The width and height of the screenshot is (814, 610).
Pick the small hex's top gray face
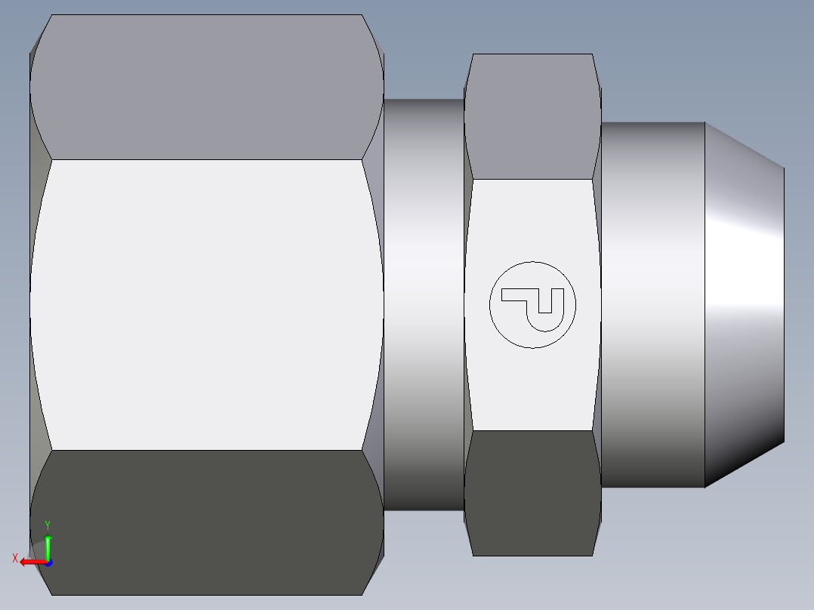pos(532,117)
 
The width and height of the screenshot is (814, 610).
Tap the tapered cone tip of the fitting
pos(744,302)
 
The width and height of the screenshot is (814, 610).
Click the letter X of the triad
pos(14,559)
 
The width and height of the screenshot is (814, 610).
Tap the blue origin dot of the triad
pos(48,562)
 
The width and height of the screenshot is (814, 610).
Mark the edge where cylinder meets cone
pos(705,302)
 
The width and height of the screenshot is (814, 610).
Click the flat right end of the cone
pos(784,302)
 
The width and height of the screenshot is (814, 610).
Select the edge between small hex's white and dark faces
pos(532,431)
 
